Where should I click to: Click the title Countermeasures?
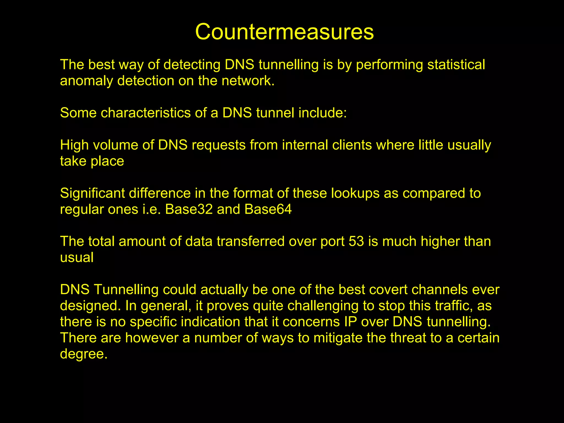[284, 32]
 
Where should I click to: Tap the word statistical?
[456, 65]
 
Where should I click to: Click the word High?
[74, 145]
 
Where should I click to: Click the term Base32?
[189, 209]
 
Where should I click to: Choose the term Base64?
[268, 209]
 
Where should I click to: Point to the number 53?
[356, 242]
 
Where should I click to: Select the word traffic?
[453, 306]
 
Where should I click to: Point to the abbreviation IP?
[351, 322]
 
